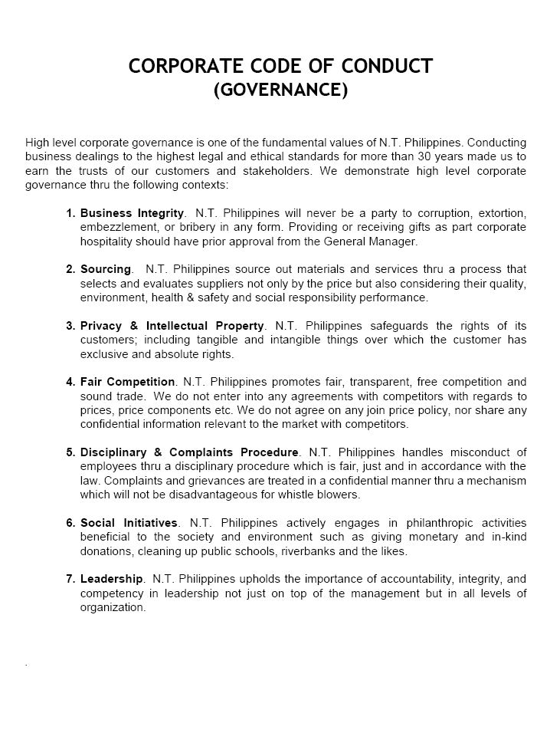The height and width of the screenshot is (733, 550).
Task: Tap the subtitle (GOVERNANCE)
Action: coord(280,90)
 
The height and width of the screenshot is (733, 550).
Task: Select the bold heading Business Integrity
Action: coord(132,212)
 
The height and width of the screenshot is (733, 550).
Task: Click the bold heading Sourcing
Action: coord(106,269)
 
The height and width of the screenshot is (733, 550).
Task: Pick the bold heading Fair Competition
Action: coord(127,382)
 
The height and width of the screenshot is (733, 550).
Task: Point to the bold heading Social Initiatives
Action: coord(129,523)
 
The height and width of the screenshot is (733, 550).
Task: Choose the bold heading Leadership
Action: coord(111,579)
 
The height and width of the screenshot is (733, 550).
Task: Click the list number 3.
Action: coord(70,326)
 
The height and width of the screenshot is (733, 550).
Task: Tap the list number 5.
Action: coord(70,452)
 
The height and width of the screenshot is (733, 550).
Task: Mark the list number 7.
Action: coord(70,579)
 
